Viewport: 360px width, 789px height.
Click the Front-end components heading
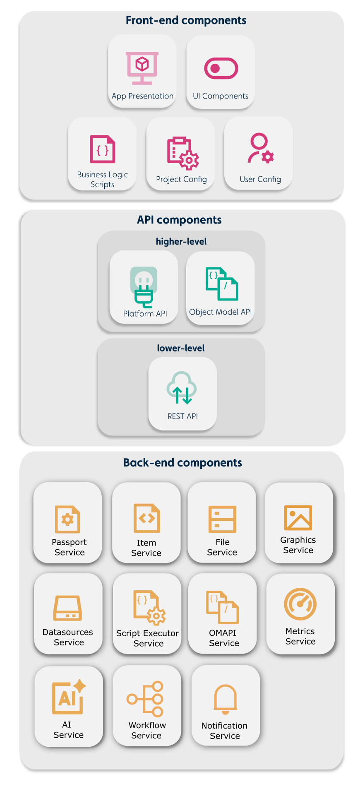click(186, 20)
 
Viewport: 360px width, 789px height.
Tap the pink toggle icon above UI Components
click(221, 68)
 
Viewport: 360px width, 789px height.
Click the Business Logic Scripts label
click(102, 179)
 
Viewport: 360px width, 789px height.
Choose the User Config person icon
click(260, 148)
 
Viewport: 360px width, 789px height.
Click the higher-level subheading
click(181, 241)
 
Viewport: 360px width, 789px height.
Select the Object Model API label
click(220, 312)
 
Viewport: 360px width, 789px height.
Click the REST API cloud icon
click(182, 388)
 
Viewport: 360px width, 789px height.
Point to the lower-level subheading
click(181, 348)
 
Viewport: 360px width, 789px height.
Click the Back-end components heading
click(182, 462)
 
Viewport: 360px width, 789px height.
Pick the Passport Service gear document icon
click(67, 519)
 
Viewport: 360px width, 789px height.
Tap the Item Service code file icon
click(146, 518)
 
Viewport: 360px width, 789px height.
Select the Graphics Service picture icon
click(298, 517)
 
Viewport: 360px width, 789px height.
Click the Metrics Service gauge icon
click(300, 604)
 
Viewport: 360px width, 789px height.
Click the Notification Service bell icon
click(225, 699)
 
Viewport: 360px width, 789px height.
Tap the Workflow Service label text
click(147, 730)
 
